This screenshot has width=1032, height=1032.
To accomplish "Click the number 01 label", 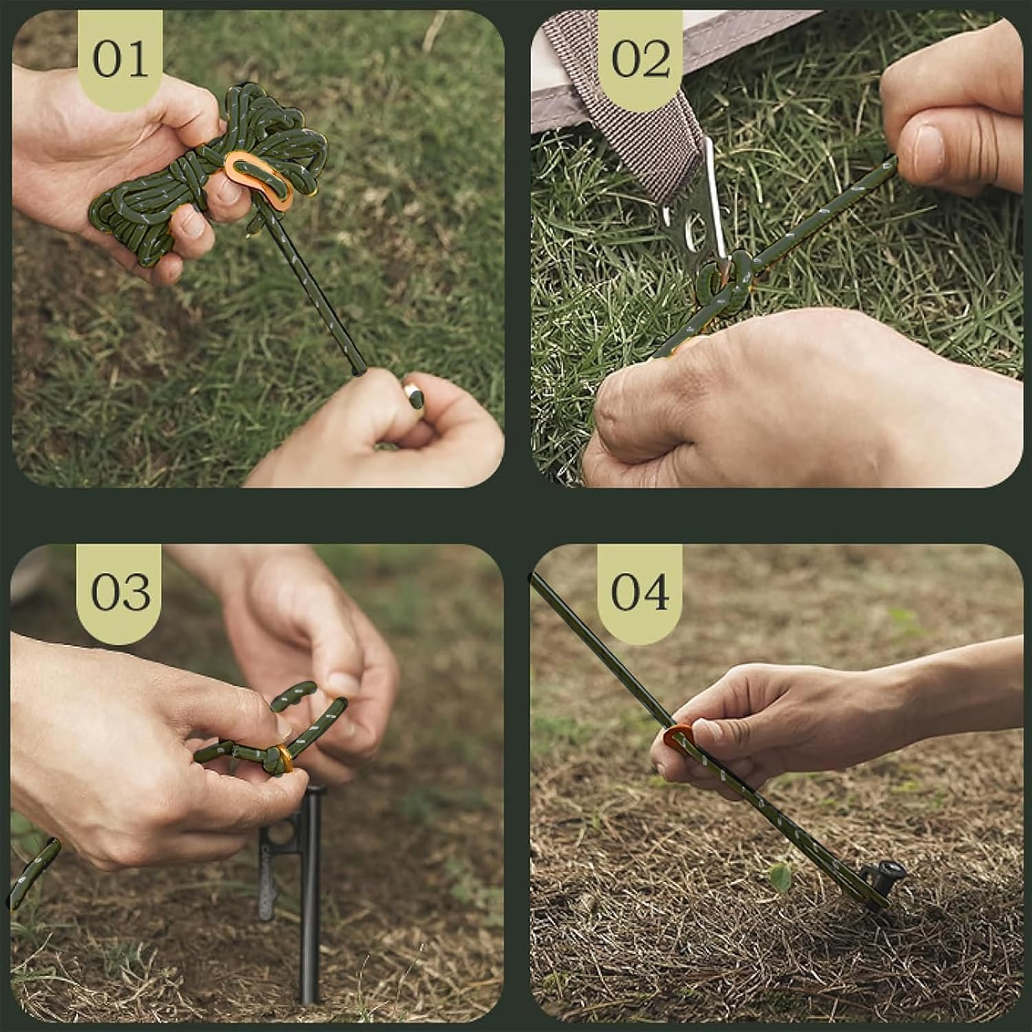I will pyautogui.click(x=120, y=60).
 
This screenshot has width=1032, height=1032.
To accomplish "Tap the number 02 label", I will pyautogui.click(x=640, y=60).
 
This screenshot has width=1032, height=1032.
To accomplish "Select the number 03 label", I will pyautogui.click(x=120, y=592).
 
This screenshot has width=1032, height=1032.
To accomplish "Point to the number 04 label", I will pyautogui.click(x=640, y=592).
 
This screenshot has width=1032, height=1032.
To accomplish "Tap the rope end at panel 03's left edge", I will pyautogui.click(x=31, y=870).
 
